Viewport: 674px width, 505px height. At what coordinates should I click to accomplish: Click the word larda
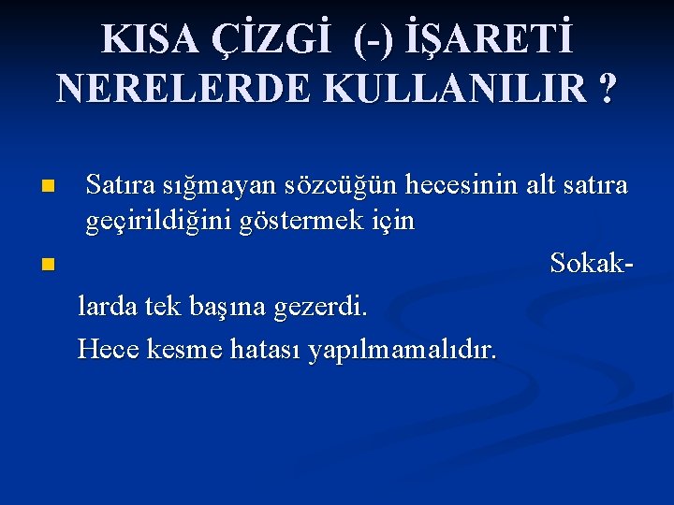107,305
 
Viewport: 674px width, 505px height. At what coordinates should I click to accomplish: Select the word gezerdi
322,305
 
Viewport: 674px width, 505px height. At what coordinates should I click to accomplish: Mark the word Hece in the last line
108,349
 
